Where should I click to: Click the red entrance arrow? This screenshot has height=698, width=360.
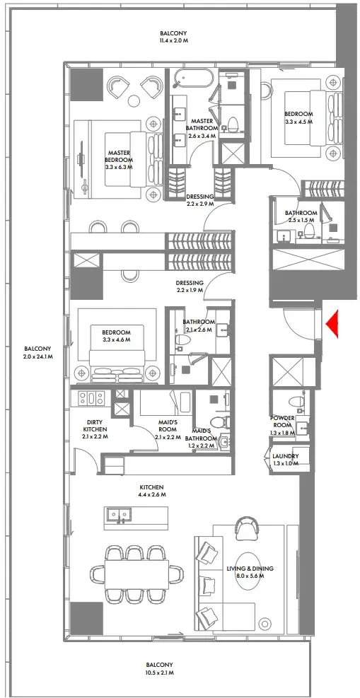point(333,325)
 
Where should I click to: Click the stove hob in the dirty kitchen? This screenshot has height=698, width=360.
point(91,399)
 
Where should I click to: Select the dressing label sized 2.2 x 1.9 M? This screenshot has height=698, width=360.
point(190,286)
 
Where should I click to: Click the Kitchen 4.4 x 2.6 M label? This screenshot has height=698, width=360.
point(151,491)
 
